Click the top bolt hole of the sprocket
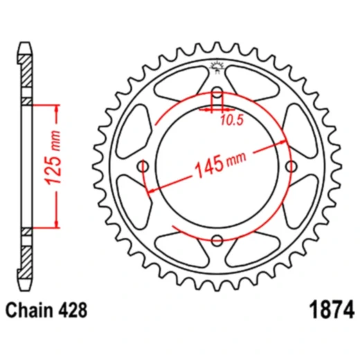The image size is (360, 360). [x=217, y=93]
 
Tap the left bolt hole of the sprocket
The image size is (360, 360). [x=144, y=167]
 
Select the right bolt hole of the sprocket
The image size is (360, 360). [x=291, y=166]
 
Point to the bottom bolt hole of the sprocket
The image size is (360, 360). [x=217, y=240]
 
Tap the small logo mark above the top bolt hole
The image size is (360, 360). [x=217, y=69]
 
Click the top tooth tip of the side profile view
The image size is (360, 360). [x=26, y=44]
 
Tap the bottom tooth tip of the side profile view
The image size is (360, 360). [x=26, y=287]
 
